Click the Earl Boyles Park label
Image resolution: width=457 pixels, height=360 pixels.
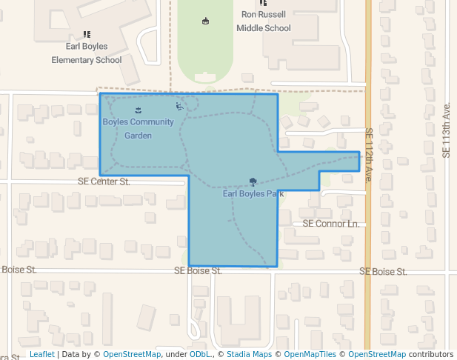tap(253, 194)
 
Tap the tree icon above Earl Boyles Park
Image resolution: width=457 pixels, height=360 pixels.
tap(253, 181)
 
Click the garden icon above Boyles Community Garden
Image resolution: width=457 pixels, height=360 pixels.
tap(138, 110)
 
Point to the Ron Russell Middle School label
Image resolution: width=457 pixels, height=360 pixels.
tap(263, 21)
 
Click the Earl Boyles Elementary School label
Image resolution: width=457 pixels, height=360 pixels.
tap(87, 53)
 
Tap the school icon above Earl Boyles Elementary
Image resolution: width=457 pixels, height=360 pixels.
tap(87, 34)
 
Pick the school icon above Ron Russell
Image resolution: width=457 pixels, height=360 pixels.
tap(263, 4)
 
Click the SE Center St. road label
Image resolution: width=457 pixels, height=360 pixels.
tap(104, 181)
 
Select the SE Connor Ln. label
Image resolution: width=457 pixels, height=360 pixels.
tap(330, 224)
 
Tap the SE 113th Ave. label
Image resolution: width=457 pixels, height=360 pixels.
tap(446, 130)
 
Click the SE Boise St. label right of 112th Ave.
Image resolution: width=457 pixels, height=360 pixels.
tap(383, 272)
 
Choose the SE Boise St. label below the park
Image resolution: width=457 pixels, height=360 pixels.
tap(198, 271)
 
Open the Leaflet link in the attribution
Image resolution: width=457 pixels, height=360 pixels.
tap(41, 355)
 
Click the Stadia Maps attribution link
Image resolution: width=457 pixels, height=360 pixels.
tap(248, 355)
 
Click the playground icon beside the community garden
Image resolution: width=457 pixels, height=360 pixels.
tap(179, 106)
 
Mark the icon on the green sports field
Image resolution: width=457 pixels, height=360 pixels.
tap(205, 21)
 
